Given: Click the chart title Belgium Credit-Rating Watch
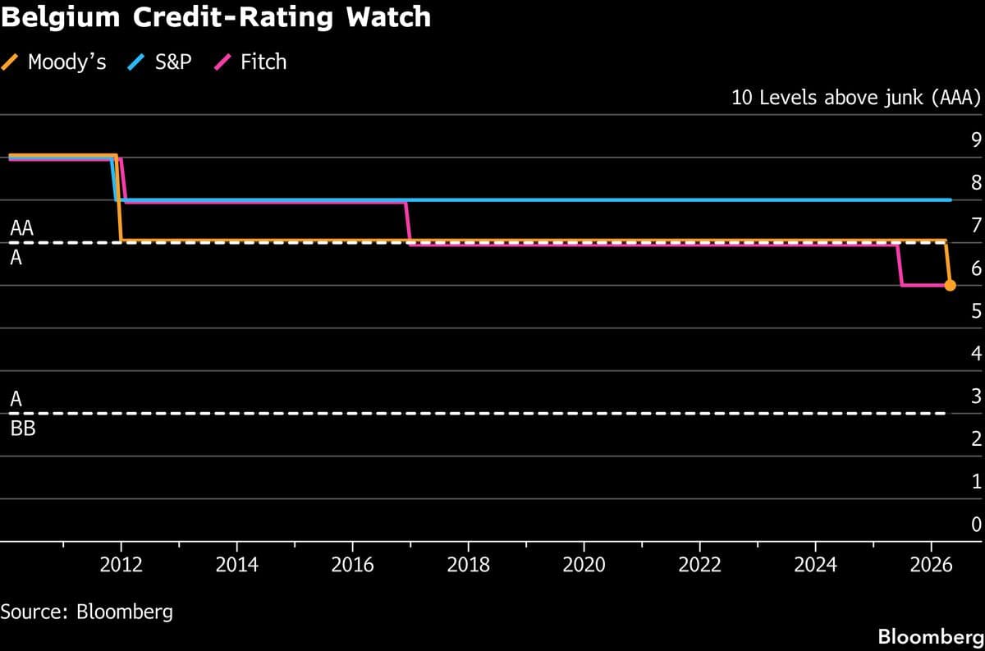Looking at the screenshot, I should point(215,17).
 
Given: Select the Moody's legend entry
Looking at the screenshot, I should point(55,62).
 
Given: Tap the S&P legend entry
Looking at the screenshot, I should point(160,62).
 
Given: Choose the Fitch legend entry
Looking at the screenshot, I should point(251,62).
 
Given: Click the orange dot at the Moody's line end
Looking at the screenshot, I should point(950,285).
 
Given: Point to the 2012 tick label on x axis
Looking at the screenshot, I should point(121,565).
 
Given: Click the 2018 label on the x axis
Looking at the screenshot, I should point(468,565).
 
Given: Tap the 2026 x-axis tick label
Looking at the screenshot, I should point(931,565).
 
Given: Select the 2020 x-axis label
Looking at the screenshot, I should point(584,565).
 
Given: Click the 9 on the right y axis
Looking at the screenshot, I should point(976,140).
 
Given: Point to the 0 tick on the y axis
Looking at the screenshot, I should point(976,524).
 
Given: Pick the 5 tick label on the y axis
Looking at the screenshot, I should point(976,310).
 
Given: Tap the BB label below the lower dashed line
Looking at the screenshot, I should point(23,428).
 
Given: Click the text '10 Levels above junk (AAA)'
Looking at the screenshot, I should point(855,99).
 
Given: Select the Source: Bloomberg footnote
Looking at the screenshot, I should point(86,612).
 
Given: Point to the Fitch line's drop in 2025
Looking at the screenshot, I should point(900,264).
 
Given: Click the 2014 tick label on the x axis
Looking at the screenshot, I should point(236,565).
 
